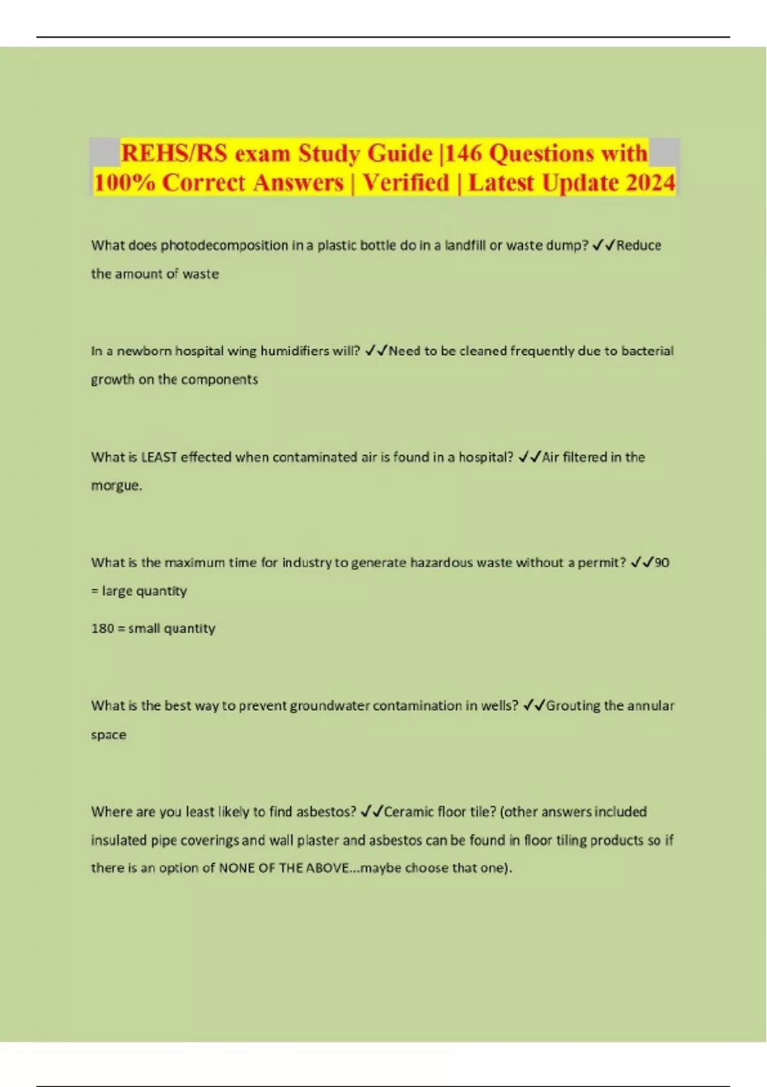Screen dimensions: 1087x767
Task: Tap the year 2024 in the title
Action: pos(651,183)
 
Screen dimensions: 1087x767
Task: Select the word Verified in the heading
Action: pos(406,183)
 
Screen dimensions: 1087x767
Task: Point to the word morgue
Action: pos(115,486)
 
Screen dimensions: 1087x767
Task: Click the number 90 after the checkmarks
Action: pos(662,563)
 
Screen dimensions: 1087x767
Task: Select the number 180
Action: pos(102,629)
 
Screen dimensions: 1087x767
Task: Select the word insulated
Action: pos(119,840)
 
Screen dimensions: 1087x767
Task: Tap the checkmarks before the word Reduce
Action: pos(603,246)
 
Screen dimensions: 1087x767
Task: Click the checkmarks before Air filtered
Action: pos(530,457)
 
